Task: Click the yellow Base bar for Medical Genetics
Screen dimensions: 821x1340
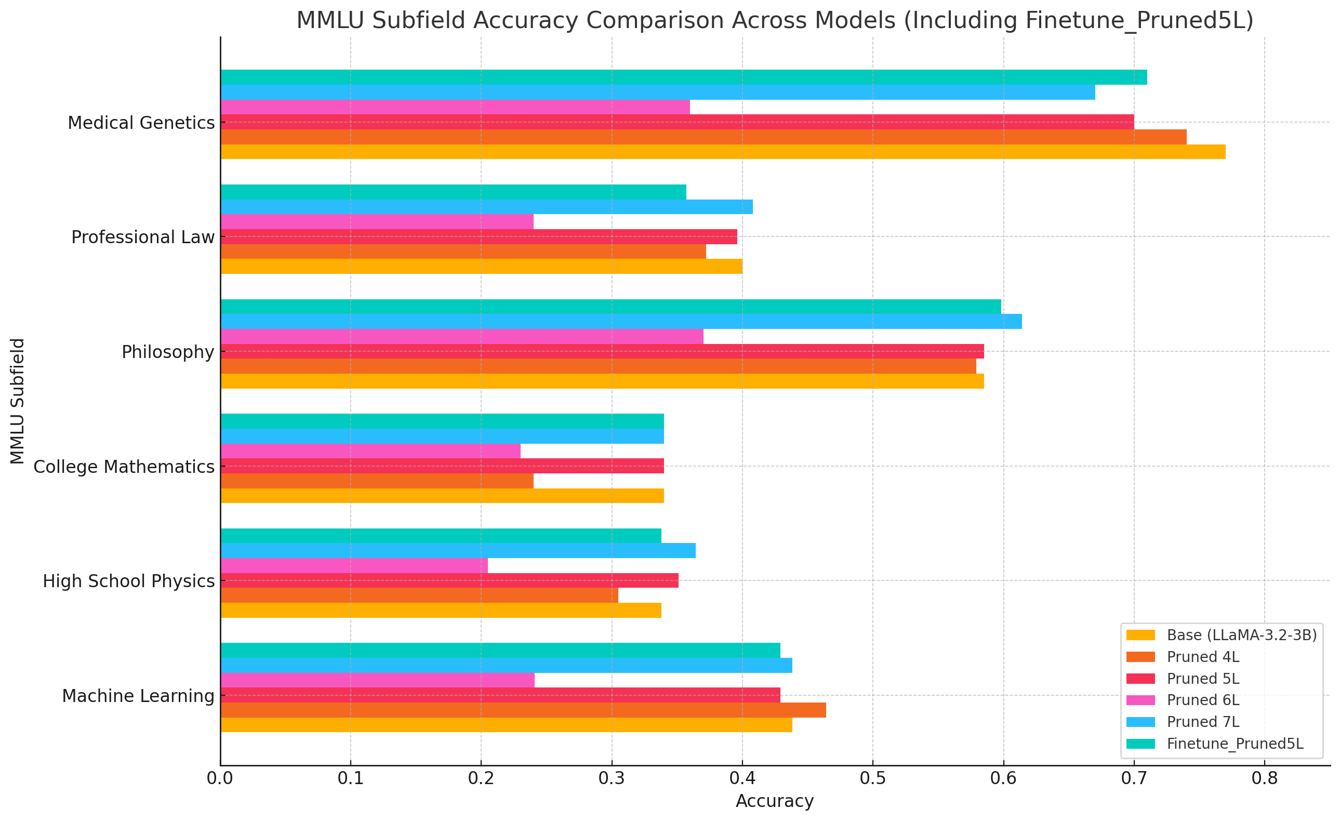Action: [x=723, y=152]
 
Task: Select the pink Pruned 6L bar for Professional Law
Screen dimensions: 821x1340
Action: [x=377, y=222]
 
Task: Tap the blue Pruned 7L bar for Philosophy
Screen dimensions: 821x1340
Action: [x=621, y=321]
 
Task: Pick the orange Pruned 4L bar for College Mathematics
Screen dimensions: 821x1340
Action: [x=377, y=481]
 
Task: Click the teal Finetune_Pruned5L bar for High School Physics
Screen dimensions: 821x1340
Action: [x=441, y=536]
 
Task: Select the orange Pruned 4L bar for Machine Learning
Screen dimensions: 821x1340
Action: [x=523, y=710]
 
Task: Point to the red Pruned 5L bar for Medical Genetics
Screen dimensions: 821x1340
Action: [x=677, y=122]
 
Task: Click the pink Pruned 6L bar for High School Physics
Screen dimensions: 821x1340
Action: [x=354, y=565]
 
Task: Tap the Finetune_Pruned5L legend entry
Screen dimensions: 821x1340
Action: [x=1235, y=744]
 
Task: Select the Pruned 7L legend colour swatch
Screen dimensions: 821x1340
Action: [x=1140, y=722]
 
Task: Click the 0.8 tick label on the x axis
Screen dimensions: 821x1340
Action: [x=1265, y=778]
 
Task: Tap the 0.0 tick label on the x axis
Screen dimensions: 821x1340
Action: [x=220, y=778]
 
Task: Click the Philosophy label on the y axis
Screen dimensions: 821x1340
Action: [x=168, y=352]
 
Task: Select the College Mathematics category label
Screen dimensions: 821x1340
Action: [x=124, y=467]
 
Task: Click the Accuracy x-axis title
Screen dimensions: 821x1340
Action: [x=774, y=801]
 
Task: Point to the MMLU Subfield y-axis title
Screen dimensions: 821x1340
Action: [x=17, y=401]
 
